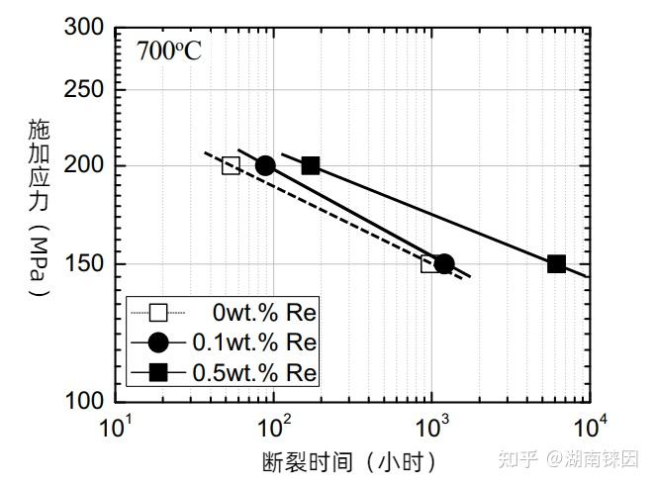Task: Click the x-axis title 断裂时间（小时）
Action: (348, 461)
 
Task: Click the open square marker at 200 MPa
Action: (231, 165)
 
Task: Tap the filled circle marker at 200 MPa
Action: (265, 165)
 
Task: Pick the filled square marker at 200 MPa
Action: (311, 165)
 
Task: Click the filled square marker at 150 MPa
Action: (556, 263)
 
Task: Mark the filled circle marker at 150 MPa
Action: (444, 263)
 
